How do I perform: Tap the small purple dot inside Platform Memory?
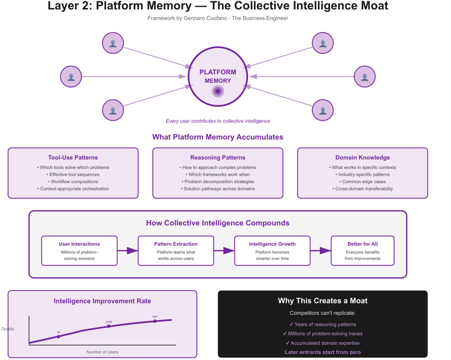218,91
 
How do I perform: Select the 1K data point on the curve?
59,336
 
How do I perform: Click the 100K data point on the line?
109,326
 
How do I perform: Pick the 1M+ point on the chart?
155,321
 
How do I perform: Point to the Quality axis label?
8,329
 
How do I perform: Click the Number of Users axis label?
102,352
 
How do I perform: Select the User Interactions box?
79,251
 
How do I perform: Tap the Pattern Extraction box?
176,251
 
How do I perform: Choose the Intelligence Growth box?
272,251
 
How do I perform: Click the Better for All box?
362,251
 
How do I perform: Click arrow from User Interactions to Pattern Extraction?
128,251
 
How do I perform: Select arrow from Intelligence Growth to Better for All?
321,251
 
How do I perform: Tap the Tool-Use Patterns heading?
73,157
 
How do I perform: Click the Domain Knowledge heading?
362,157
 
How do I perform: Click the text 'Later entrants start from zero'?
322,352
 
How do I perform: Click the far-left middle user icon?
71,77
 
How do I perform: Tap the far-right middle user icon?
365,77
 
